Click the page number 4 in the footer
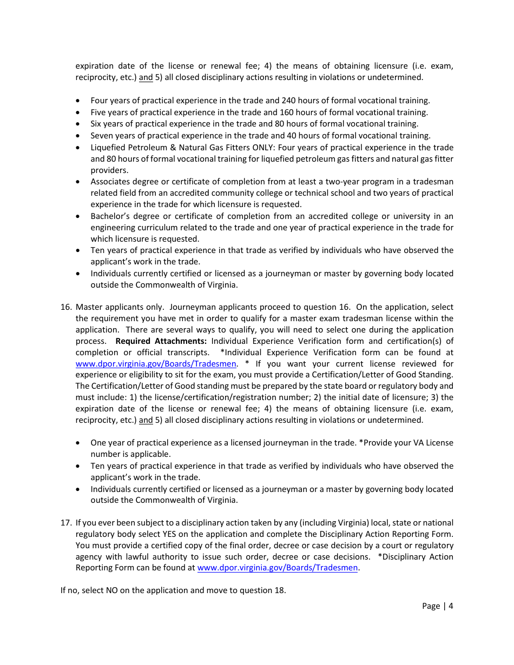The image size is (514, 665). (x=450, y=606)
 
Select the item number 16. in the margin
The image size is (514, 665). (x=66, y=307)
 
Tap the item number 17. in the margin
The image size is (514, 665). (x=66, y=523)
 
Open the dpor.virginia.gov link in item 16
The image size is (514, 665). (x=156, y=364)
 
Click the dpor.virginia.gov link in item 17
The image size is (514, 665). (x=277, y=568)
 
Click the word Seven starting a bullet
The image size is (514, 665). (x=102, y=136)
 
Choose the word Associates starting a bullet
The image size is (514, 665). (x=111, y=182)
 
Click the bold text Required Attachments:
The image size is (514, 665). (x=161, y=341)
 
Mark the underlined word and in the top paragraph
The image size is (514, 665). (x=146, y=77)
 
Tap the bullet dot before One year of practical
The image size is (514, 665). (x=79, y=443)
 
